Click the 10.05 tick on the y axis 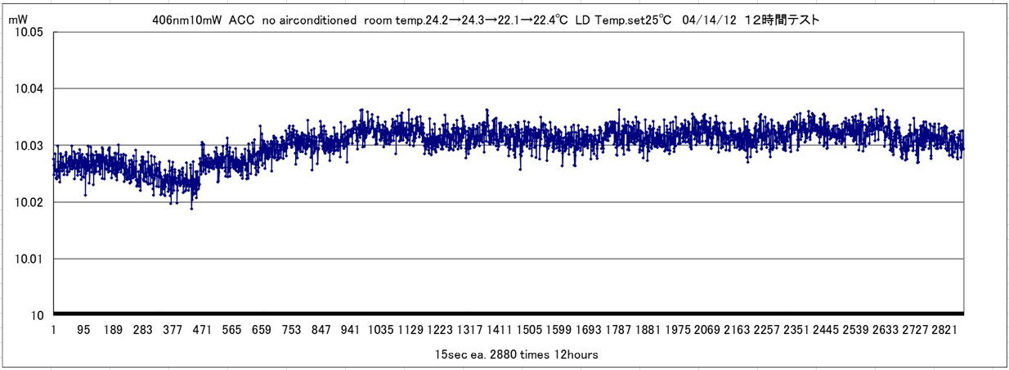click(30, 33)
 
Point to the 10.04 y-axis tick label click(30, 89)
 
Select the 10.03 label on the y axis click(30, 146)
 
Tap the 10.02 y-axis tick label click(30, 202)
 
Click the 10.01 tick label click(30, 259)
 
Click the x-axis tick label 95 click(84, 330)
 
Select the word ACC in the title click(242, 20)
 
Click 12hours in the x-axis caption click(580, 354)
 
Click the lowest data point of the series click(192, 209)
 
